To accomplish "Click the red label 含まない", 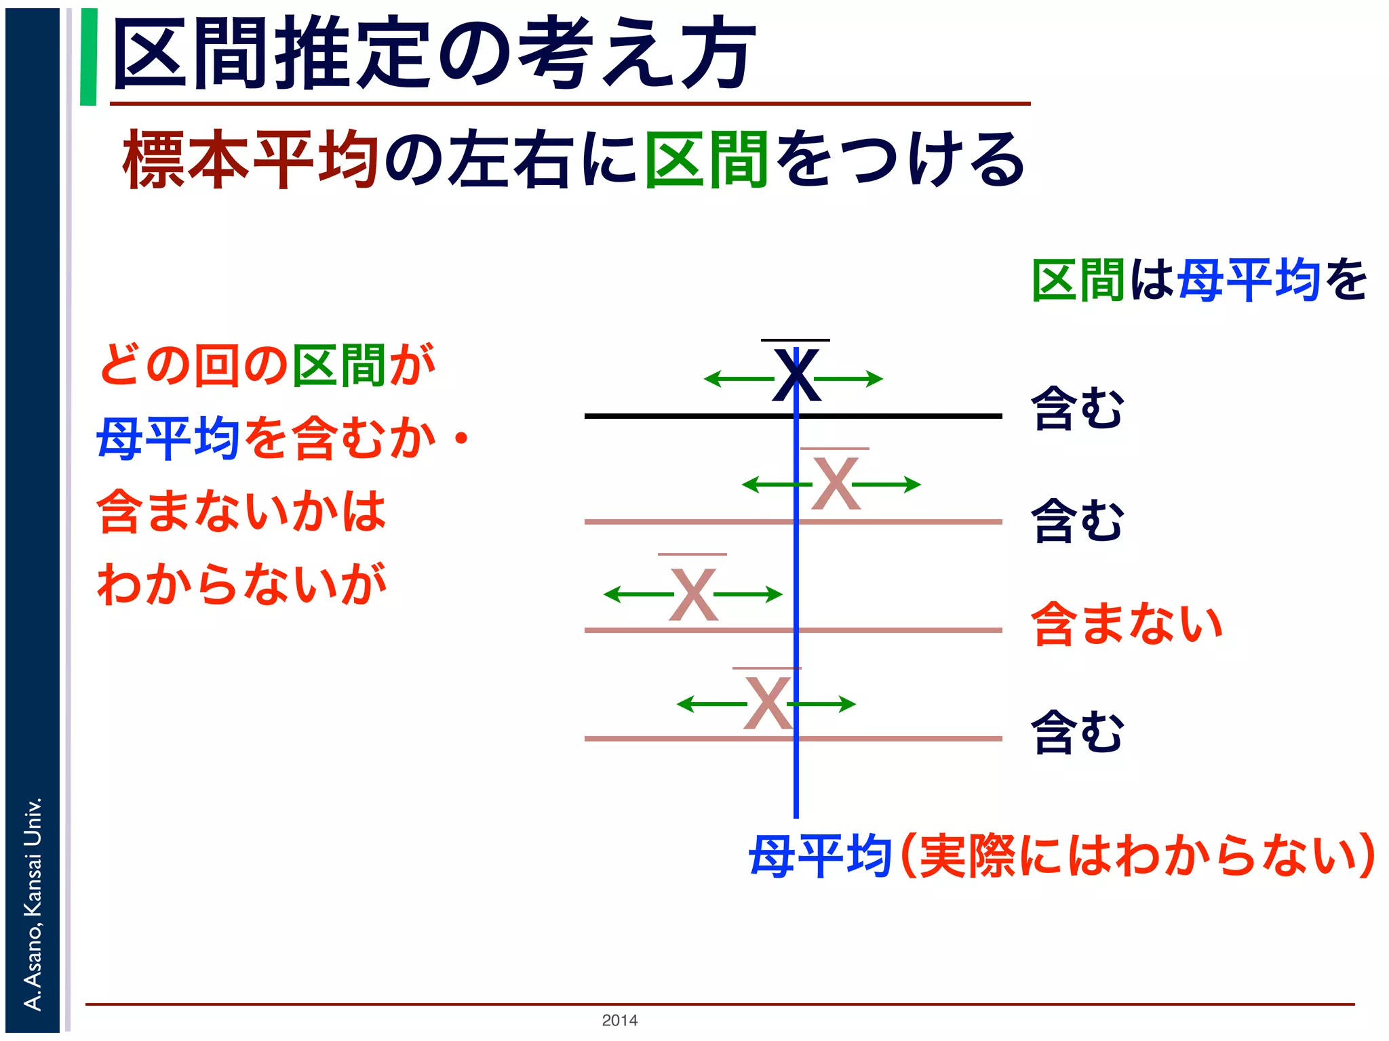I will click(1127, 624).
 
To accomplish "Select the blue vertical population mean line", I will click(796, 779).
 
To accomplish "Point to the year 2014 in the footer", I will click(619, 1020).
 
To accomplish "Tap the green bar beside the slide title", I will click(88, 57).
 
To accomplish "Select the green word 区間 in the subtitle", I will click(706, 160).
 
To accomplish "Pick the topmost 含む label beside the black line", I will click(1076, 408).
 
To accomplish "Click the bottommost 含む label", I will click(1076, 732).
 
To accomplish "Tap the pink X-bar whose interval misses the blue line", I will click(692, 594).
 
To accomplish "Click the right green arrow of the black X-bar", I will click(851, 379).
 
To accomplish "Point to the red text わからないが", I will click(241, 584).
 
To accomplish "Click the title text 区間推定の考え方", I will click(434, 54).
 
